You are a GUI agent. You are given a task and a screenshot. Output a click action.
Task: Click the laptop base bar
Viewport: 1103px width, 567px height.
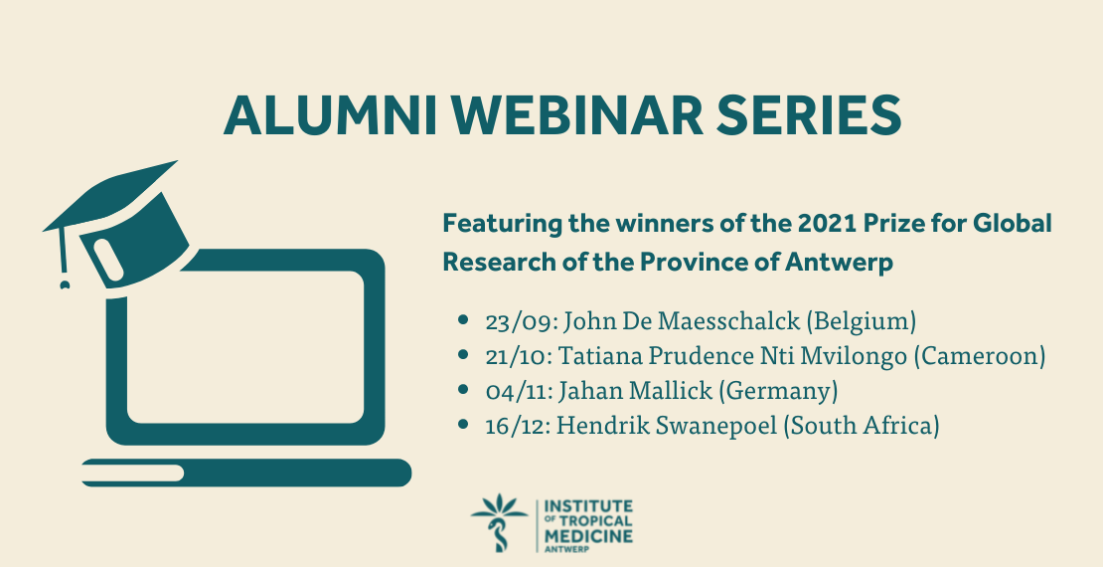(246, 472)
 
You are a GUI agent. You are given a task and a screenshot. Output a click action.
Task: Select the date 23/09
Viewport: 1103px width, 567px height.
(520, 322)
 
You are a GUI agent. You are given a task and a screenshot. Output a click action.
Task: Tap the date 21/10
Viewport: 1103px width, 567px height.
(519, 356)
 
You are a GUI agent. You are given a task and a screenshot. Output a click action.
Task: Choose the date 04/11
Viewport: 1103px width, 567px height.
(519, 391)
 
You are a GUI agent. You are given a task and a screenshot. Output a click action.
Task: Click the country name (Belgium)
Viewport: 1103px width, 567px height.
(861, 322)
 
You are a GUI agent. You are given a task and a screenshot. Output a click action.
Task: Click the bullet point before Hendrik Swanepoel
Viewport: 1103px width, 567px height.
(463, 424)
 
